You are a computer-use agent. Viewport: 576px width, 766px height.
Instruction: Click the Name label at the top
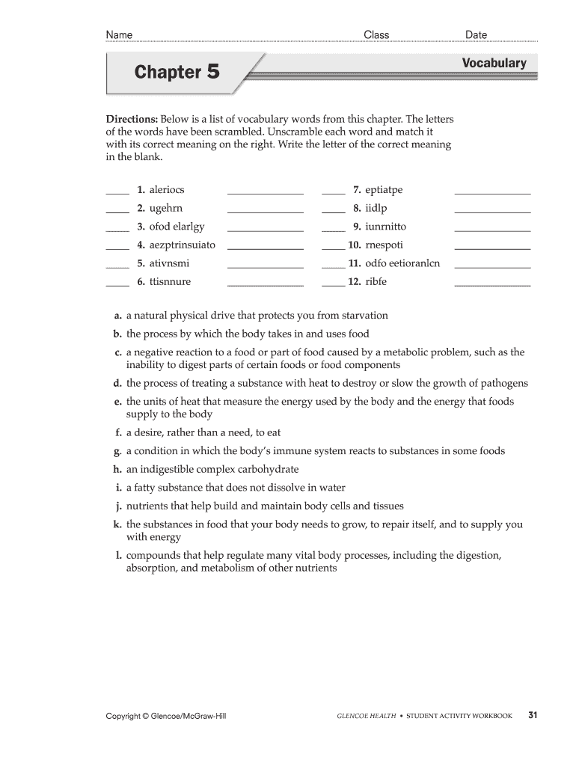tap(119, 34)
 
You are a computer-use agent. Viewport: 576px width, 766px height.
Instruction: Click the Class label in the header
tap(376, 34)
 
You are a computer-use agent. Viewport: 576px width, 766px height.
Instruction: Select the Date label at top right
tap(476, 34)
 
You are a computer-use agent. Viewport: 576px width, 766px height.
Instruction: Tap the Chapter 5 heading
tap(177, 73)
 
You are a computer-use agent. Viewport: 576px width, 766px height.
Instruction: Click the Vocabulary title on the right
tap(494, 64)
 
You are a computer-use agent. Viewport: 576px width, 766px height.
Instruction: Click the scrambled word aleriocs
tap(167, 190)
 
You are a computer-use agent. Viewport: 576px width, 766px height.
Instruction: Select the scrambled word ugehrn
tap(165, 208)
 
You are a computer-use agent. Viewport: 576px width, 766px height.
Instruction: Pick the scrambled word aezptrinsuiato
tap(182, 245)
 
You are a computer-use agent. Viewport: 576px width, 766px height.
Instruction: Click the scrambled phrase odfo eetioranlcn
tap(402, 263)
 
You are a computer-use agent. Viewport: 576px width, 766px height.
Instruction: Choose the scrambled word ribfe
tap(376, 281)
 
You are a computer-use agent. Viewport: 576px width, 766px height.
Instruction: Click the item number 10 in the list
tap(355, 245)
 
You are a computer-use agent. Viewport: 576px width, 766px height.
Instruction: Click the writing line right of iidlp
tap(492, 212)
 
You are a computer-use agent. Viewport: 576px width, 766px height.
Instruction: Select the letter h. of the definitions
tap(118, 469)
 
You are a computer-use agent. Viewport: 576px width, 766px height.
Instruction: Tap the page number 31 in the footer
tap(533, 715)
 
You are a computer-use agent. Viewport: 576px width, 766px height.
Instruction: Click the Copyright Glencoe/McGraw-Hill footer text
tap(166, 717)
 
